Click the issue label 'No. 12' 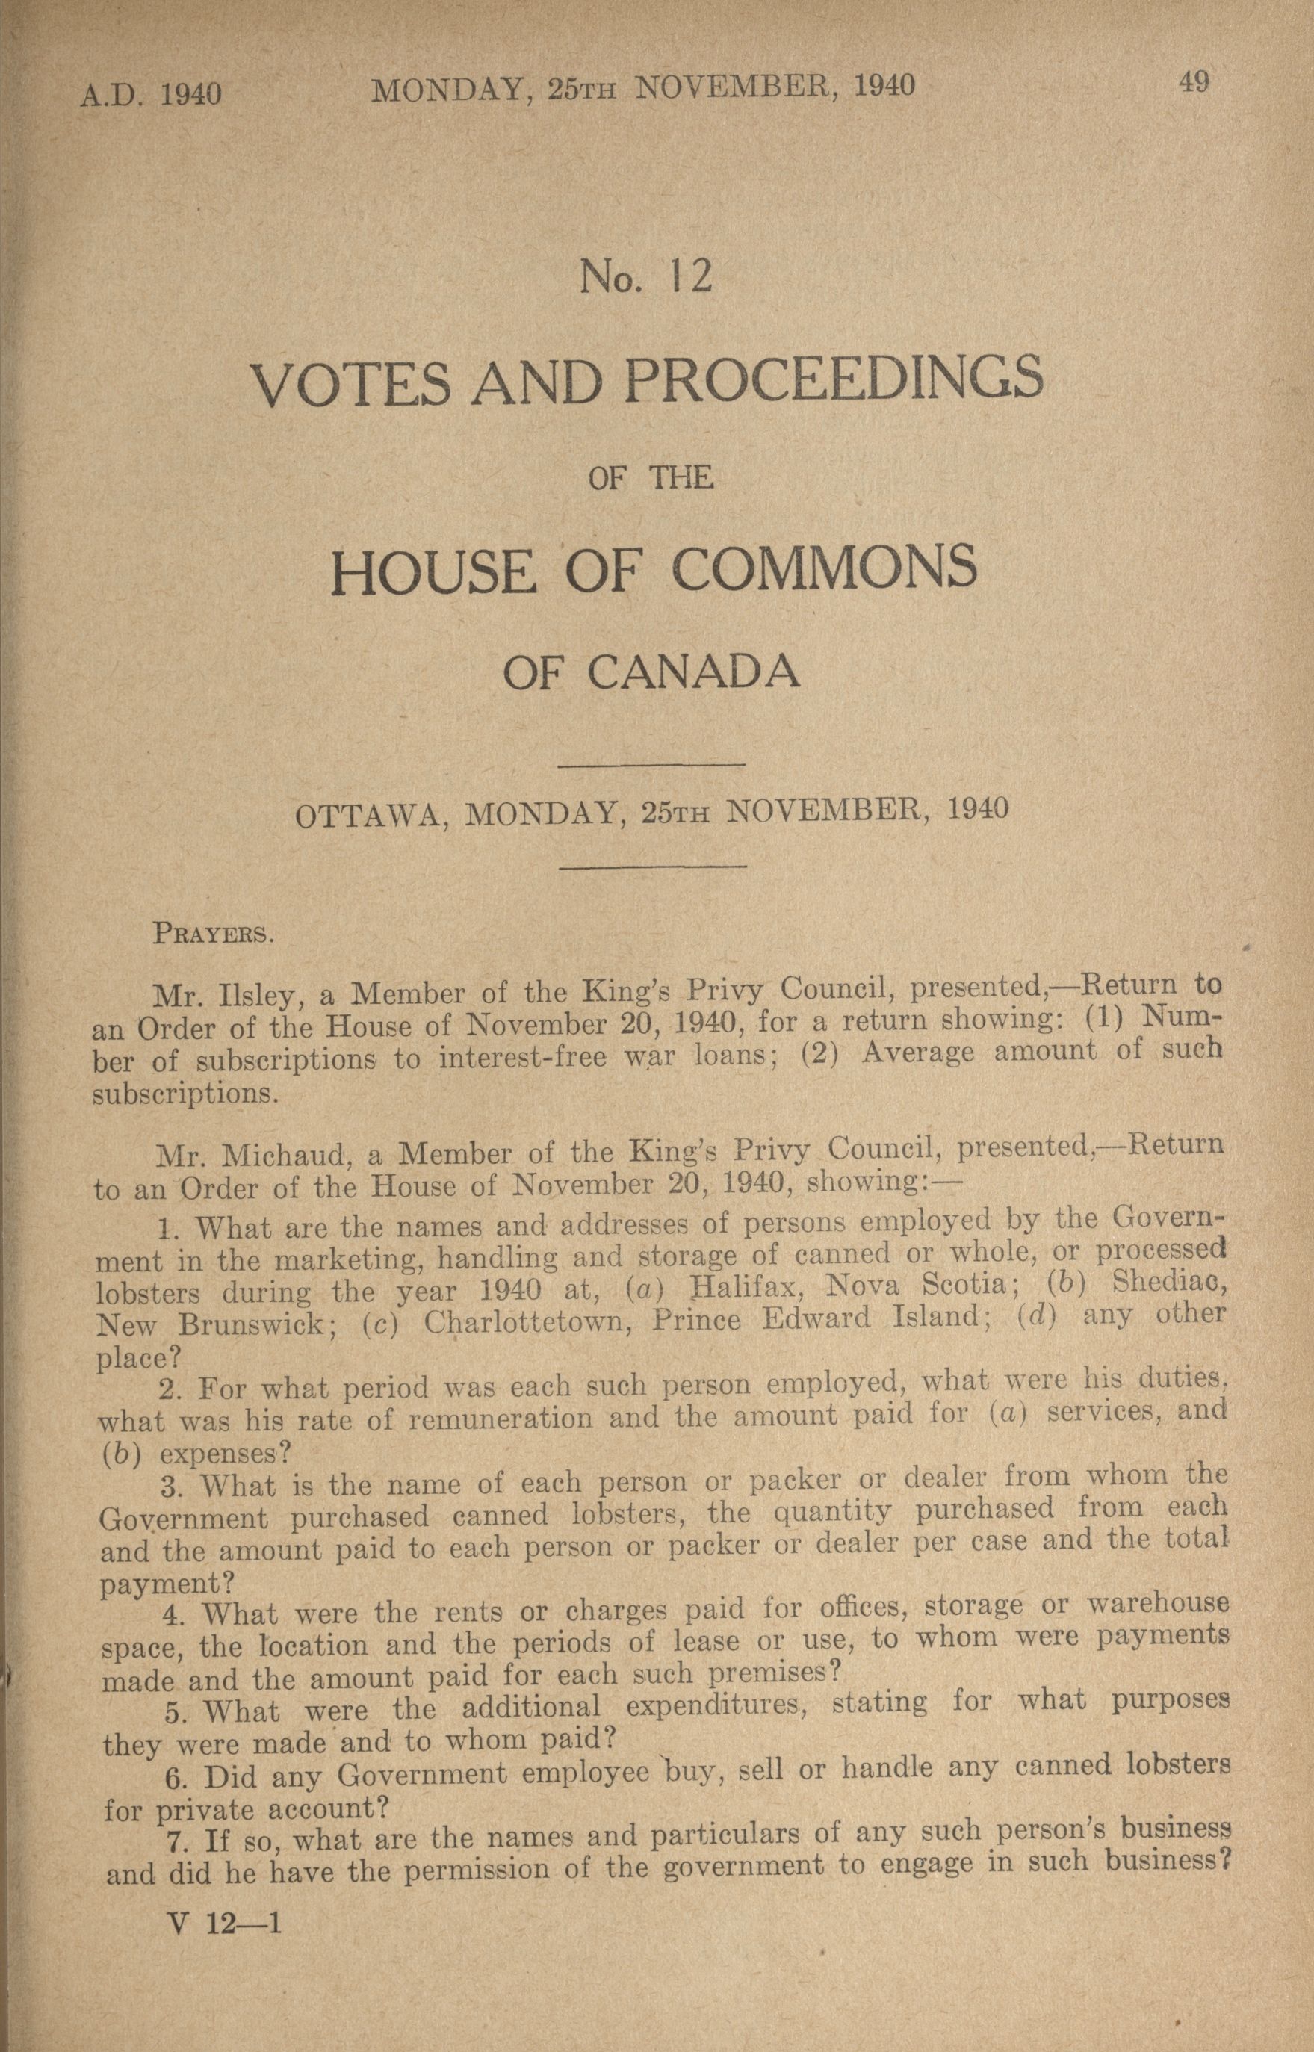click(x=645, y=277)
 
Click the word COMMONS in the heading click(x=824, y=569)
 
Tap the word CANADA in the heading click(x=694, y=672)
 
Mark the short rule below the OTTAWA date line click(x=652, y=868)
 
